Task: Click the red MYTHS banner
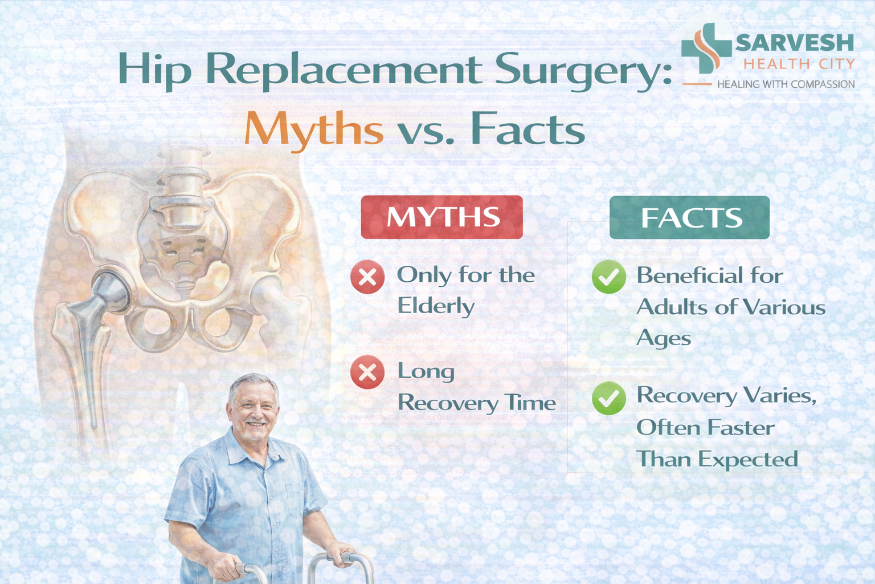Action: pyautogui.click(x=441, y=217)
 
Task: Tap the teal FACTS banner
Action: pyautogui.click(x=689, y=217)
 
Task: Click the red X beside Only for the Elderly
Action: pyautogui.click(x=367, y=277)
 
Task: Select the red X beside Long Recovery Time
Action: pyautogui.click(x=367, y=372)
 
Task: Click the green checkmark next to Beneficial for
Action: pyautogui.click(x=608, y=277)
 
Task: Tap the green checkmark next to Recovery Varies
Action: pyautogui.click(x=608, y=398)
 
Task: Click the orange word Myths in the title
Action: pyautogui.click(x=314, y=129)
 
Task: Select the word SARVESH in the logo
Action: pyautogui.click(x=795, y=43)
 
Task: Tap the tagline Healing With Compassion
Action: pyautogui.click(x=786, y=84)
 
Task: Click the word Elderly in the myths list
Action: pyautogui.click(x=436, y=307)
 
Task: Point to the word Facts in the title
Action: pyautogui.click(x=528, y=129)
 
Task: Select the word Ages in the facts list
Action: pyautogui.click(x=664, y=339)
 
